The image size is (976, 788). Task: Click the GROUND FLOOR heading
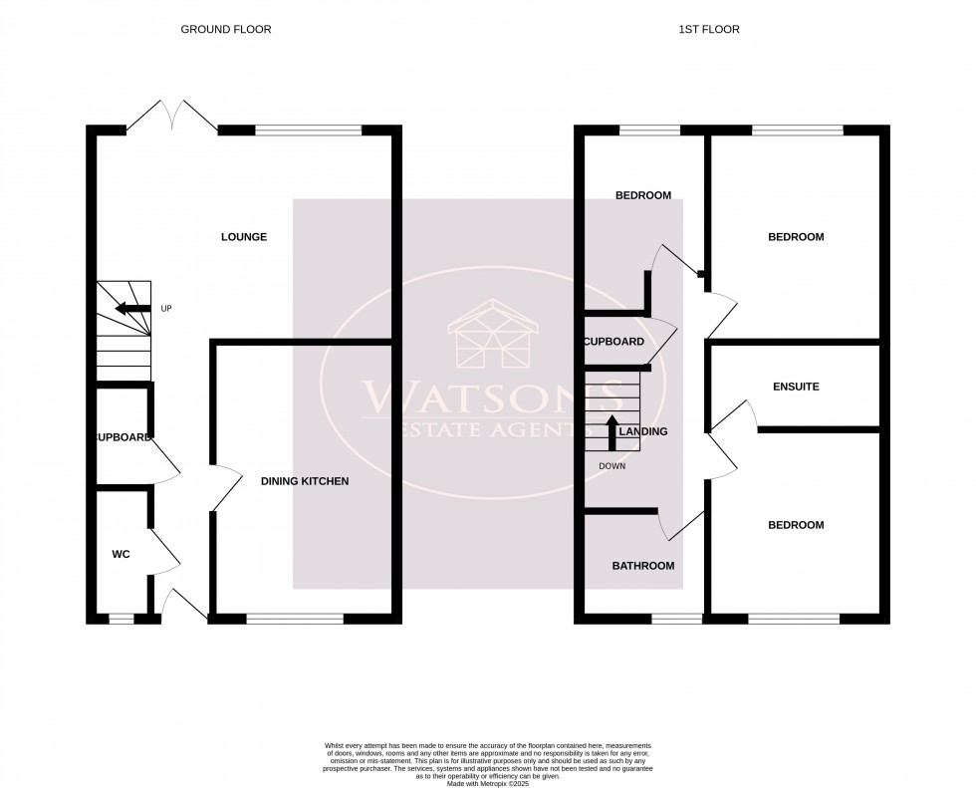(225, 29)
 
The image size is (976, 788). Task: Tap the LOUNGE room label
(244, 237)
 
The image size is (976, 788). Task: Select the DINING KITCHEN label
(305, 481)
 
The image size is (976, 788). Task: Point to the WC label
(122, 554)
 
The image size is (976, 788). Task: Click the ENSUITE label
(796, 387)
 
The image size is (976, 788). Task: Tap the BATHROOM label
(642, 566)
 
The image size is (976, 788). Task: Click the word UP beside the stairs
(166, 309)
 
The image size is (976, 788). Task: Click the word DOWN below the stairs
(612, 466)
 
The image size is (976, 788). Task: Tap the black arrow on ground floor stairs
(132, 309)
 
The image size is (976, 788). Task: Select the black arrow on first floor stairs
(612, 430)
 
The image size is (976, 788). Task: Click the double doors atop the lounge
(172, 117)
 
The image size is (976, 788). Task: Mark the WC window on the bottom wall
(121, 619)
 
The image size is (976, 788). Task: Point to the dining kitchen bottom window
(295, 619)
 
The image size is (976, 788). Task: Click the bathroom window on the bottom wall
(677, 619)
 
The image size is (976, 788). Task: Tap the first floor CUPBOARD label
(614, 342)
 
